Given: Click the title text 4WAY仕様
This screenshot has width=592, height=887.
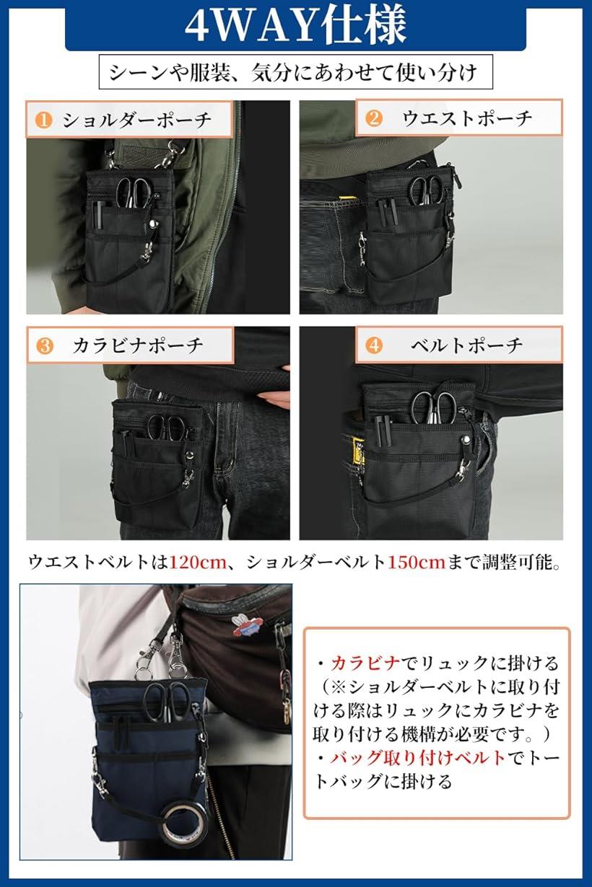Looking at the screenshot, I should (296, 26).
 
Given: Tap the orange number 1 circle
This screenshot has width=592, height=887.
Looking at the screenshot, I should (44, 120).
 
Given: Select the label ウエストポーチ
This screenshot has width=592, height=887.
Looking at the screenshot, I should (468, 118).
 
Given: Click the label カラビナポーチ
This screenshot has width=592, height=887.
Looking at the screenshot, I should (138, 345).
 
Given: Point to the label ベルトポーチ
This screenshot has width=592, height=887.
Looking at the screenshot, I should (467, 345).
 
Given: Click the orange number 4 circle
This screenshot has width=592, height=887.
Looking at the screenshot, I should (373, 345).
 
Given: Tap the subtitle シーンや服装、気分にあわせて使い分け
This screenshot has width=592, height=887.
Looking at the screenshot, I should (296, 72).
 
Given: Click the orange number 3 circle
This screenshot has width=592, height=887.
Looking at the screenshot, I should (44, 345).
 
